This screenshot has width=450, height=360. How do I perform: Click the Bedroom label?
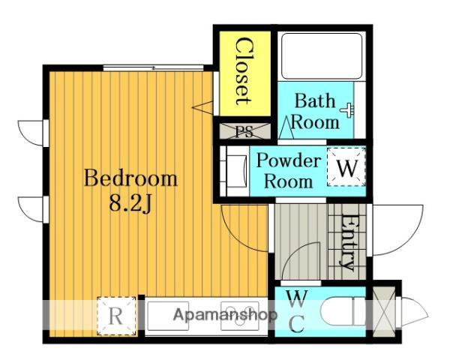(x=130, y=178)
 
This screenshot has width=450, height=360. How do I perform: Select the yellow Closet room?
(x=244, y=73)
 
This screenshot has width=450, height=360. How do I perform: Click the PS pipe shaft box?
(x=244, y=131)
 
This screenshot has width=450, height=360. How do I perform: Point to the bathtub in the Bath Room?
(x=322, y=56)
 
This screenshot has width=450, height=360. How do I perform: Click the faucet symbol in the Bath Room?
(x=348, y=110)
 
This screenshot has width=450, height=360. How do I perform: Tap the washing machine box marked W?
(x=346, y=166)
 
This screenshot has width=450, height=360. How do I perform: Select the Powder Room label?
(x=289, y=171)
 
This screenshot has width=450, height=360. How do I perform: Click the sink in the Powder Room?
(x=236, y=172)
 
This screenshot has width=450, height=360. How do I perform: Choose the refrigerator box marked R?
(x=116, y=316)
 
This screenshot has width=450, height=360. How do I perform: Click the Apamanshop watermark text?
(x=225, y=315)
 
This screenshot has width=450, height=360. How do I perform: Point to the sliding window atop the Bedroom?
(x=153, y=68)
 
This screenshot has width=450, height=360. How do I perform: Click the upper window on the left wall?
(x=31, y=133)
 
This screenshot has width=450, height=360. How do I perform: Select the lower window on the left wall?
(x=31, y=209)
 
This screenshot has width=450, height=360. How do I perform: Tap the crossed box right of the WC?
(x=384, y=312)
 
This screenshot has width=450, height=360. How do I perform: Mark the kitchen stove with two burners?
(x=240, y=316)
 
